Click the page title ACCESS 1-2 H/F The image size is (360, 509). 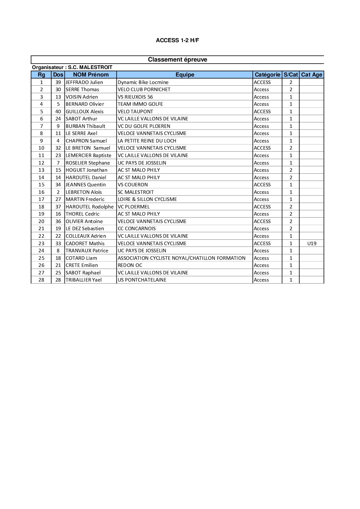pos(177,40)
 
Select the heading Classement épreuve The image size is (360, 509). pos(177,60)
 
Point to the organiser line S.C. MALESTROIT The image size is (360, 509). pos(72,67)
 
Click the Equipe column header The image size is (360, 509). pos(185,75)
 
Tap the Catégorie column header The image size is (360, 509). pos(267,75)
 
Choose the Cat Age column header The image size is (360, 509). pos(311,75)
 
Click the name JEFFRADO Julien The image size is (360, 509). pos(84,82)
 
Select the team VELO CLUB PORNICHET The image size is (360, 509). pos(144,89)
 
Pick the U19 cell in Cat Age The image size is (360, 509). pos(312,243)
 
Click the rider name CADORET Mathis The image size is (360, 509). pos(85,243)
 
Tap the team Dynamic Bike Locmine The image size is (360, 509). pos(143,82)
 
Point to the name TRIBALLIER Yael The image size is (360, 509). pos(84,280)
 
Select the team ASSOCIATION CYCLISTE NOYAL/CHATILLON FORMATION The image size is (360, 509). pos(181,258)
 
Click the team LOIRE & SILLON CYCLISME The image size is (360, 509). pos(147,199)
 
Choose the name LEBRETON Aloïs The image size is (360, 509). pos(84,192)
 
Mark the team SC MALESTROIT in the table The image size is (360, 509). pos(136,192)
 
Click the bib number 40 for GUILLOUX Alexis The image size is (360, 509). pos(58,112)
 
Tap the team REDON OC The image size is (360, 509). pos(130,265)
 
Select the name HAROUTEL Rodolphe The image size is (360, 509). pos(89,207)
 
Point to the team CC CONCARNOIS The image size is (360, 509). pos(136,228)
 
